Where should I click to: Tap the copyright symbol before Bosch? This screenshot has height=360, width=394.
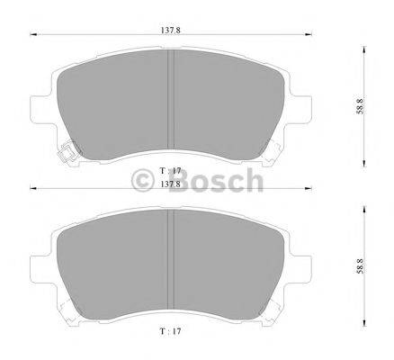tap(143, 183)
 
